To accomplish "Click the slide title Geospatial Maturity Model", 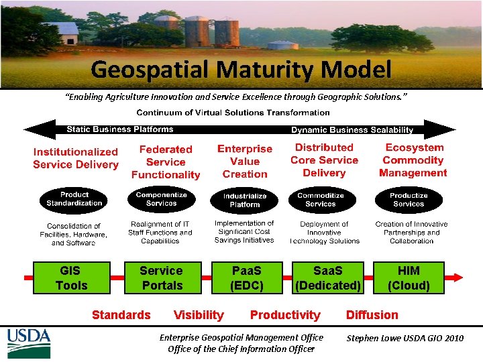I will (241, 69).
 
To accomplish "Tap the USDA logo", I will (29, 343).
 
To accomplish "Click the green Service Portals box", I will (161, 278).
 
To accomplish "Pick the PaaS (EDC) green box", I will (246, 278).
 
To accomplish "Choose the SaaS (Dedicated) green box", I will (328, 278).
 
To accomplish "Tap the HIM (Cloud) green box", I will (409, 278).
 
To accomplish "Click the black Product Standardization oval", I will (74, 198).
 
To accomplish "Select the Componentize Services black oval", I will (161, 198).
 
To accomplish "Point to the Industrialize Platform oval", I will (245, 200).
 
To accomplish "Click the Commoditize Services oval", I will (321, 199).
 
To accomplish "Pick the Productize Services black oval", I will (409, 199).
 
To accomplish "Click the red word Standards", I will (121, 315).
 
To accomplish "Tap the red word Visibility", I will (199, 315).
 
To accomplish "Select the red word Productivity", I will (285, 315).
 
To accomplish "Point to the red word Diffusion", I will (372, 315).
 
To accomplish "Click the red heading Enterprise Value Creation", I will (245, 161).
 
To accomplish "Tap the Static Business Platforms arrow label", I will (119, 129).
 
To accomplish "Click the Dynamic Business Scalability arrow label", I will (352, 130).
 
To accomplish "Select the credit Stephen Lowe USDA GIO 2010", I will (405, 339).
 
